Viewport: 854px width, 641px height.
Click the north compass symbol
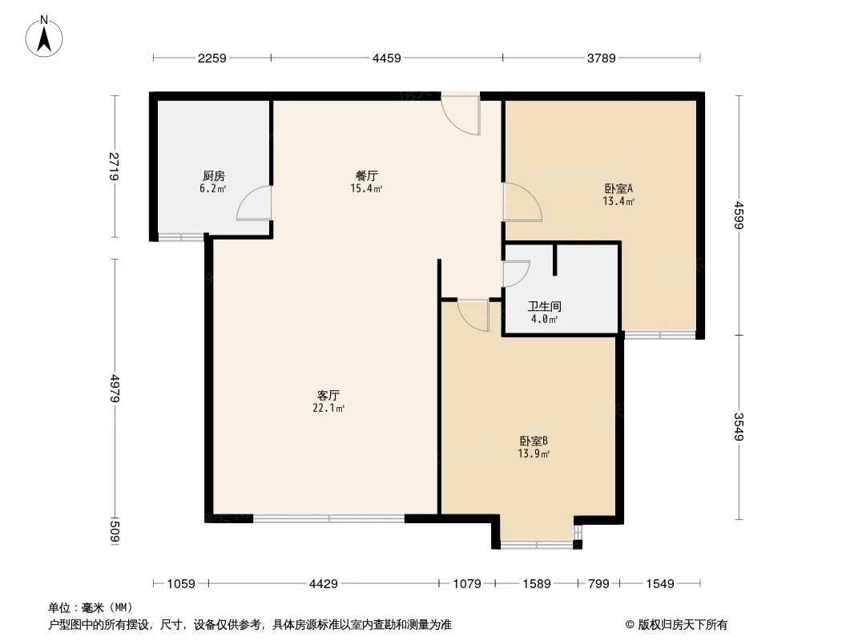point(46,36)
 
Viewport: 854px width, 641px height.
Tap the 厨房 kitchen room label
point(213,176)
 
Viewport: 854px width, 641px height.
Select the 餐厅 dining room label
point(367,175)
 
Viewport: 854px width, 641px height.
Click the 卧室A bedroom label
point(618,189)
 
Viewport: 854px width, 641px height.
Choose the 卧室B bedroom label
point(534,441)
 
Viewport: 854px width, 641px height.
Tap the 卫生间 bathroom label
point(544,306)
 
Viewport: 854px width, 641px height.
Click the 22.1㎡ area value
point(328,409)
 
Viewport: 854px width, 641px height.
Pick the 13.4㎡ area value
point(618,202)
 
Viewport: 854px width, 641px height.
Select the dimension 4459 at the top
point(387,58)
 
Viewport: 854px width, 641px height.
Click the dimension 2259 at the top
point(212,58)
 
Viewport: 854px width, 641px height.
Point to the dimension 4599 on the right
point(739,214)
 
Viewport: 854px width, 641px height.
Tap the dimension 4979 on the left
point(115,389)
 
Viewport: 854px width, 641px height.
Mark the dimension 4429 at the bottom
point(323,584)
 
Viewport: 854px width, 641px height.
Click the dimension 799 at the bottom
point(598,584)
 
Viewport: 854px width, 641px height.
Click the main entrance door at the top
point(461,112)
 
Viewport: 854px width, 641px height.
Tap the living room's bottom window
point(328,518)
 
